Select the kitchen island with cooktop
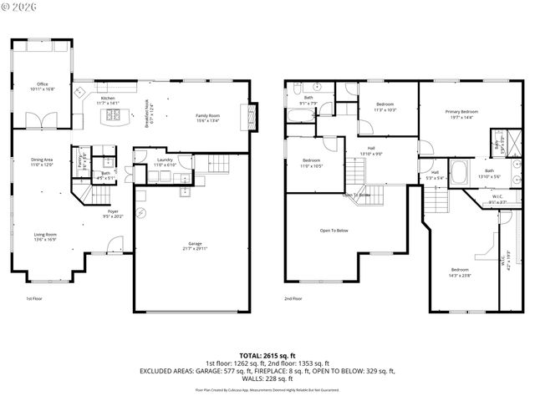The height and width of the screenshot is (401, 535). [x=111, y=116]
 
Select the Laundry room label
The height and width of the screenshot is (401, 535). [x=165, y=160]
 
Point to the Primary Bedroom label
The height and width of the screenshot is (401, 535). [x=461, y=111]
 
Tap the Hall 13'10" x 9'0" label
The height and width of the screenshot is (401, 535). [x=370, y=150]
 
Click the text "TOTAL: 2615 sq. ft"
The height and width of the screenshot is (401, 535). [x=267, y=355]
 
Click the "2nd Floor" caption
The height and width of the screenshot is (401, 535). [x=293, y=298]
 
